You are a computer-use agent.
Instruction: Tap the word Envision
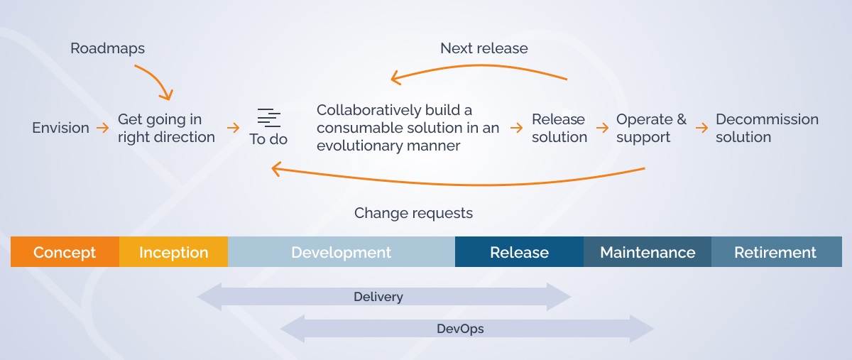[x=60, y=128]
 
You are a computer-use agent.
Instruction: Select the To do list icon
[x=269, y=118]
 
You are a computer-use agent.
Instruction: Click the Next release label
[x=484, y=48]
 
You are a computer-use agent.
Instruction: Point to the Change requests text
[x=413, y=213]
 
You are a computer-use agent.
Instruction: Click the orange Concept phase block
[x=65, y=252]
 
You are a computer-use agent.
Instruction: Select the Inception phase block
[x=173, y=252]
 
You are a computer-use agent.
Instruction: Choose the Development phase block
[x=341, y=252]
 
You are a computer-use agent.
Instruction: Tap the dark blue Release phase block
[x=519, y=252]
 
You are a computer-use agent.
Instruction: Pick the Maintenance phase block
[x=648, y=252]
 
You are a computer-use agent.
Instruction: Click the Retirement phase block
[x=775, y=252]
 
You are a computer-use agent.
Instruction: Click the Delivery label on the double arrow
[x=378, y=297]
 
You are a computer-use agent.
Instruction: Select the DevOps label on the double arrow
[x=460, y=329]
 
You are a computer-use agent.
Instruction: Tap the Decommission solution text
[x=767, y=128]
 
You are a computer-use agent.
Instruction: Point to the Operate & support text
[x=651, y=128]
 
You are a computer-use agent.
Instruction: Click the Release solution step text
[x=559, y=128]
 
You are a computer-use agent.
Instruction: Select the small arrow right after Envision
[x=104, y=128]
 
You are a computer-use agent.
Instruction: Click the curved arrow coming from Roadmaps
[x=157, y=80]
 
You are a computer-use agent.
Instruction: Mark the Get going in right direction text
[x=166, y=128]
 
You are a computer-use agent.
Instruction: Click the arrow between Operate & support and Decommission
[x=701, y=128]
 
